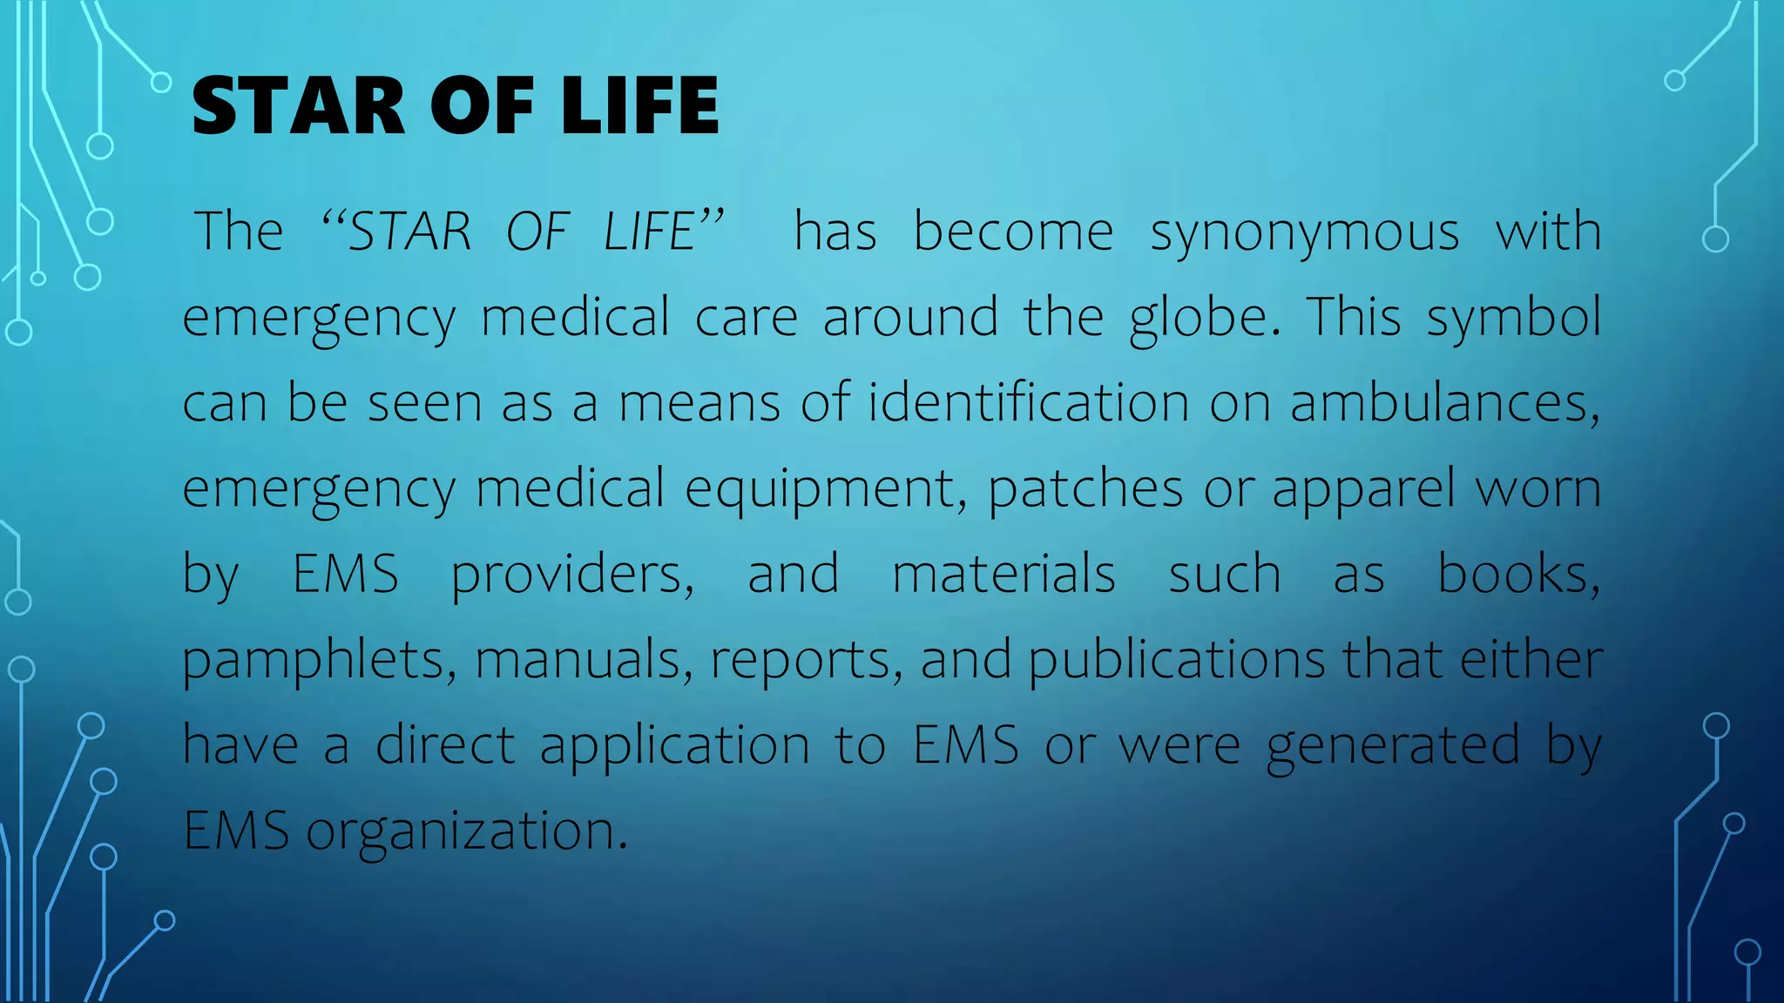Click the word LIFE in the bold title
coord(640,106)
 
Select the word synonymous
coord(1304,233)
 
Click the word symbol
coord(1514,318)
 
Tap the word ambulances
coord(1443,402)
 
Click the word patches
coord(1085,489)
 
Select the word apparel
coord(1363,489)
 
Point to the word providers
coord(571,575)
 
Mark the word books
coord(1517,575)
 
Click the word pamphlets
coord(319,660)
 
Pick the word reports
coord(806,660)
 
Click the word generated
coord(1393,745)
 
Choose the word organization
coord(466,831)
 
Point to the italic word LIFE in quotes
coord(649,232)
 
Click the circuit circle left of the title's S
coord(161,83)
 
